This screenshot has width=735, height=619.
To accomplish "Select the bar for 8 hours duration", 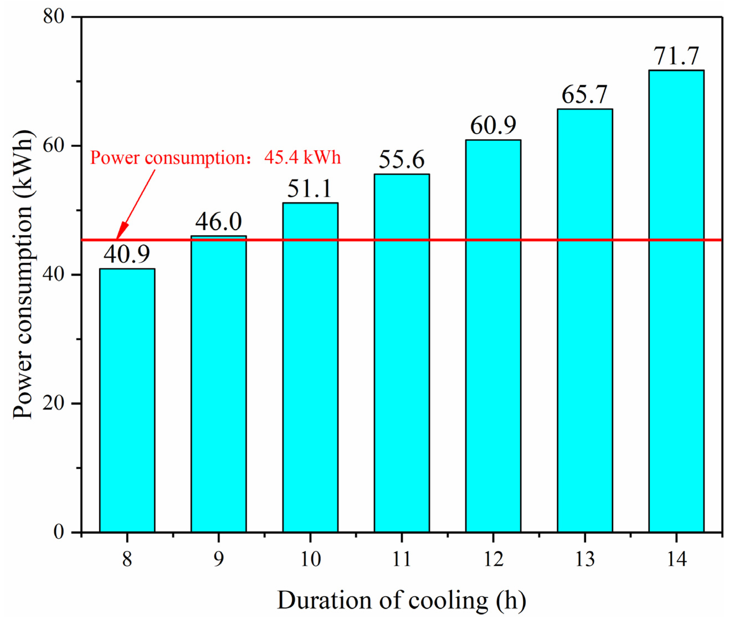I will pos(127,400).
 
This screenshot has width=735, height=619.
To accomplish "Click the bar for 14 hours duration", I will pos(676,302).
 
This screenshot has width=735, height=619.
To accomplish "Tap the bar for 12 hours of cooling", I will pos(493,337).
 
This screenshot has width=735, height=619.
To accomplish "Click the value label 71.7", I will pos(676,56).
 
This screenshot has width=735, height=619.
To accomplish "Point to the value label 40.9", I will pos(127,254).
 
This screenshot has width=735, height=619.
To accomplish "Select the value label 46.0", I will pos(218,221).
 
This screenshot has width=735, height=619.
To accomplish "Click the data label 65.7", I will pos(584,94).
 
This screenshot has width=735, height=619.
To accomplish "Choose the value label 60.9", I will pos(493,125).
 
